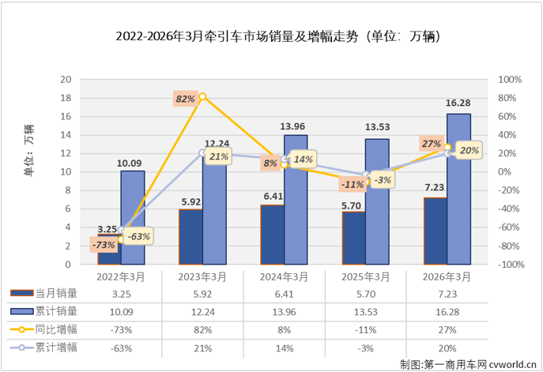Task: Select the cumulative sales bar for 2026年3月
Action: [x=458, y=189]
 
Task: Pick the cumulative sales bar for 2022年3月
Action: [x=133, y=217]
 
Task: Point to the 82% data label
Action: [x=186, y=99]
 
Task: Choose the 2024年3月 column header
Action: [x=285, y=277]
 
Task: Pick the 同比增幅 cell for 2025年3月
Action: [x=365, y=327]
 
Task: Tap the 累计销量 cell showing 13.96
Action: [x=285, y=310]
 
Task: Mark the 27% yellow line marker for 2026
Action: [x=447, y=148]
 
